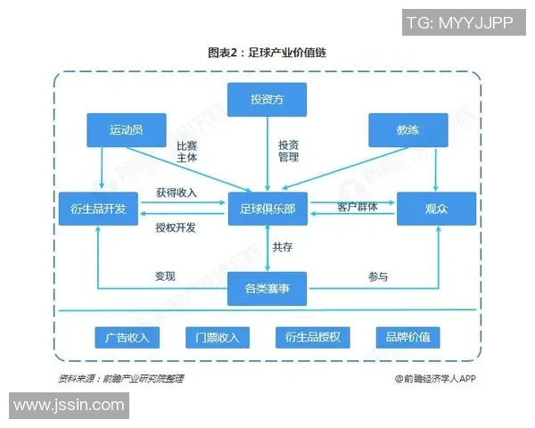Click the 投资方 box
click(x=267, y=99)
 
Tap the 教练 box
click(x=408, y=130)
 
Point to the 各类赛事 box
click(x=267, y=288)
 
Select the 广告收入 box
click(x=128, y=337)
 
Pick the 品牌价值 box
click(x=408, y=337)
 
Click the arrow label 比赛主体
click(x=186, y=152)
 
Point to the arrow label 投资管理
click(x=288, y=151)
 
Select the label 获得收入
click(x=176, y=193)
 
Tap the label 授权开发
click(x=176, y=227)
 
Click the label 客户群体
click(x=358, y=207)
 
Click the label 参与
click(x=378, y=276)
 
